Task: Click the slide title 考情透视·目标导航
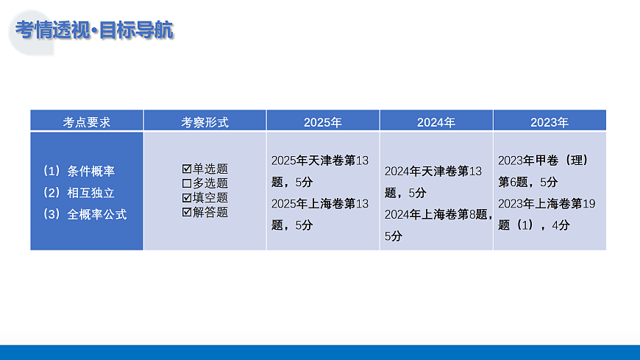pyautogui.click(x=94, y=31)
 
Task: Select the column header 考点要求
pyautogui.click(x=87, y=122)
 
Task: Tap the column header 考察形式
pyautogui.click(x=205, y=122)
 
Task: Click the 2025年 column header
pyautogui.click(x=323, y=122)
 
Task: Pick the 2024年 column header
pyautogui.click(x=436, y=122)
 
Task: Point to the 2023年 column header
pyautogui.click(x=550, y=122)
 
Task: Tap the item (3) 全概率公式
pyautogui.click(x=85, y=215)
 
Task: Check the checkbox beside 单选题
pyautogui.click(x=187, y=169)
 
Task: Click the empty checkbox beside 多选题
pyautogui.click(x=187, y=183)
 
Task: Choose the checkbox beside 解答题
pyautogui.click(x=187, y=212)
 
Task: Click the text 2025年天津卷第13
pyautogui.click(x=320, y=160)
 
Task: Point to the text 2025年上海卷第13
pyautogui.click(x=320, y=203)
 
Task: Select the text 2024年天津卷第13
pyautogui.click(x=433, y=172)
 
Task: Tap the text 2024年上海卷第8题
pyautogui.click(x=437, y=215)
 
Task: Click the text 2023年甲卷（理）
pyautogui.click(x=543, y=160)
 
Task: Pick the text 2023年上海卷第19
pyautogui.click(x=546, y=203)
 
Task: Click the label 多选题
pyautogui.click(x=210, y=183)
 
